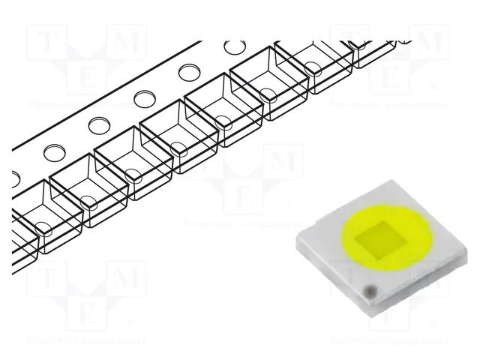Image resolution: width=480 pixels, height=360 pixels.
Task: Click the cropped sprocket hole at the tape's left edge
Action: coord(15,178)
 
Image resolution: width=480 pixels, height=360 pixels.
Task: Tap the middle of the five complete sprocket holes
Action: coord(144,99)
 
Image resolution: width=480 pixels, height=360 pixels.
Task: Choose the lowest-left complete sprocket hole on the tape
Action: coord(55,152)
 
